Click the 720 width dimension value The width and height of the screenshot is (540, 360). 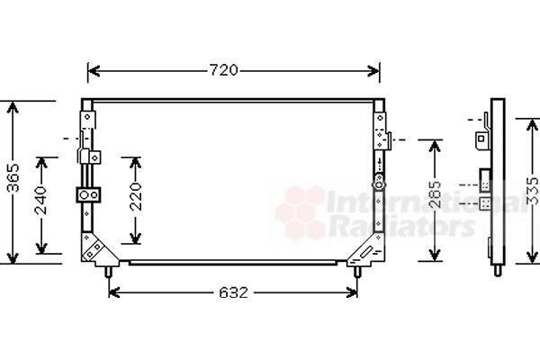pos(224,70)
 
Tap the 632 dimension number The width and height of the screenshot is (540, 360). pos(233,292)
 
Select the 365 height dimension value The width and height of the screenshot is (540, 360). pos(13,178)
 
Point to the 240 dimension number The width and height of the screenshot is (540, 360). pos(41,200)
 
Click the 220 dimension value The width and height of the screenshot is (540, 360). pos(135,197)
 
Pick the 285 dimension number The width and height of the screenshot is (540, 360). pos(436,194)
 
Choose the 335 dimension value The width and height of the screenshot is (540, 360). pos(534,191)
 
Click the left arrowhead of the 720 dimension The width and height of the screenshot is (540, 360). pos(94,71)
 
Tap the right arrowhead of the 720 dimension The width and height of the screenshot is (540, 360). pos(373,71)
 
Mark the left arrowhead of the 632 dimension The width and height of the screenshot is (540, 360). pos(114,292)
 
